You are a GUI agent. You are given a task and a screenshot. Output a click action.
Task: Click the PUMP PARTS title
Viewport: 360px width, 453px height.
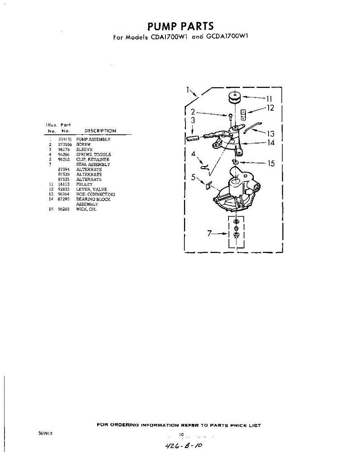180,26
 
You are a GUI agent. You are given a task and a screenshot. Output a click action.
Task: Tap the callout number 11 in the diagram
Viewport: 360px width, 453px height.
269,99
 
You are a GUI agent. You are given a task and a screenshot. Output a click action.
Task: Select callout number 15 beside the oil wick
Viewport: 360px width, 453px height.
271,163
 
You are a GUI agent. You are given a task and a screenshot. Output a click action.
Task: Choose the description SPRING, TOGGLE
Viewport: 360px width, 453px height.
93,154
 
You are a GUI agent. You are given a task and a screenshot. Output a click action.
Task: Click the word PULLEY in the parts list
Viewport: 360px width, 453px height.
84,184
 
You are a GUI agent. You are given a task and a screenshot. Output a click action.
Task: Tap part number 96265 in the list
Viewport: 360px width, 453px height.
64,209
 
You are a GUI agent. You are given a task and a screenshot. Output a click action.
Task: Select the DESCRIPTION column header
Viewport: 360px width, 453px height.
100,131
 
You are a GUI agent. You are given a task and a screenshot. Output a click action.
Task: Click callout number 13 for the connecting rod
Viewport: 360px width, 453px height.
270,134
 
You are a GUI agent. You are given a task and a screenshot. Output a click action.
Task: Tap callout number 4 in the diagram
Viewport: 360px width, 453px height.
193,154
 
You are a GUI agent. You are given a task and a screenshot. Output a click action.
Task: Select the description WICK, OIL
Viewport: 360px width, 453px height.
86,209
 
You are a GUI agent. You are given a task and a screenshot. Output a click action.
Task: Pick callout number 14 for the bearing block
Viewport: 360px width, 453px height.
270,143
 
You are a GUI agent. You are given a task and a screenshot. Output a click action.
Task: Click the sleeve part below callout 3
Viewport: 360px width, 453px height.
193,138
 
